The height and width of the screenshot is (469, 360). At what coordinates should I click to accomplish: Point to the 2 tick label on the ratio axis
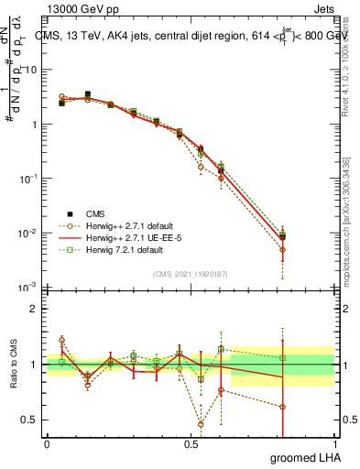point(34,309)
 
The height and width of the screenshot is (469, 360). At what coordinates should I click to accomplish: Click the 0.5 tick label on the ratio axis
point(29,420)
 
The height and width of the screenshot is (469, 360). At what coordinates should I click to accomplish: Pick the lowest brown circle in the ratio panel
point(201,424)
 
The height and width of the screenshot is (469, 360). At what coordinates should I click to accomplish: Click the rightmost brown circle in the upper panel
point(283,249)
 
